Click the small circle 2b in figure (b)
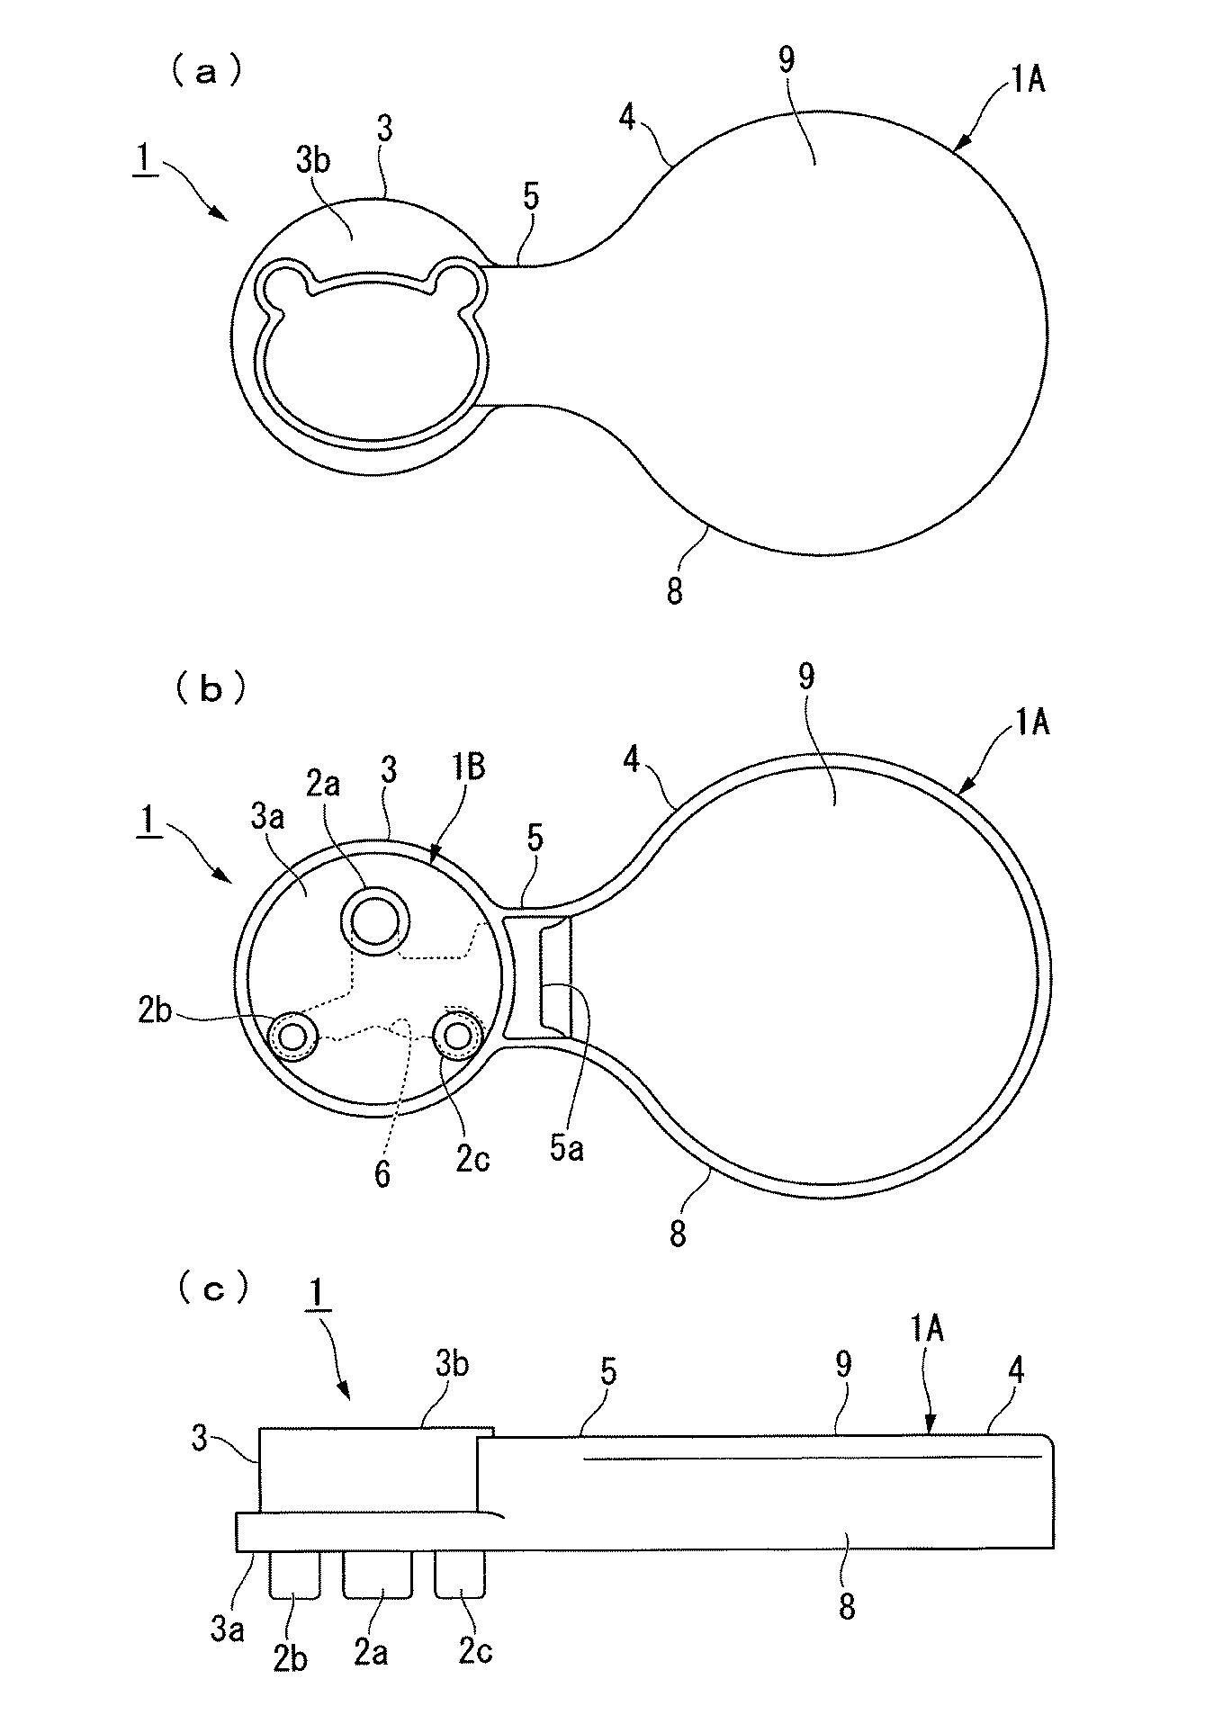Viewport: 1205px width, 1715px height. tap(293, 1037)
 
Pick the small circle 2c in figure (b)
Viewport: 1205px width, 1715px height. tap(457, 1037)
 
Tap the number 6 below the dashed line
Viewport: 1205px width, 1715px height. tap(382, 1175)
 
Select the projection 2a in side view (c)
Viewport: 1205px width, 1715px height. tap(377, 1576)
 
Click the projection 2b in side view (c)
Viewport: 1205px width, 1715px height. tap(295, 1576)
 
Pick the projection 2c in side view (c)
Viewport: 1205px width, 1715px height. tap(460, 1576)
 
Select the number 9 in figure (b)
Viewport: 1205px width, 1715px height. tap(806, 677)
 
